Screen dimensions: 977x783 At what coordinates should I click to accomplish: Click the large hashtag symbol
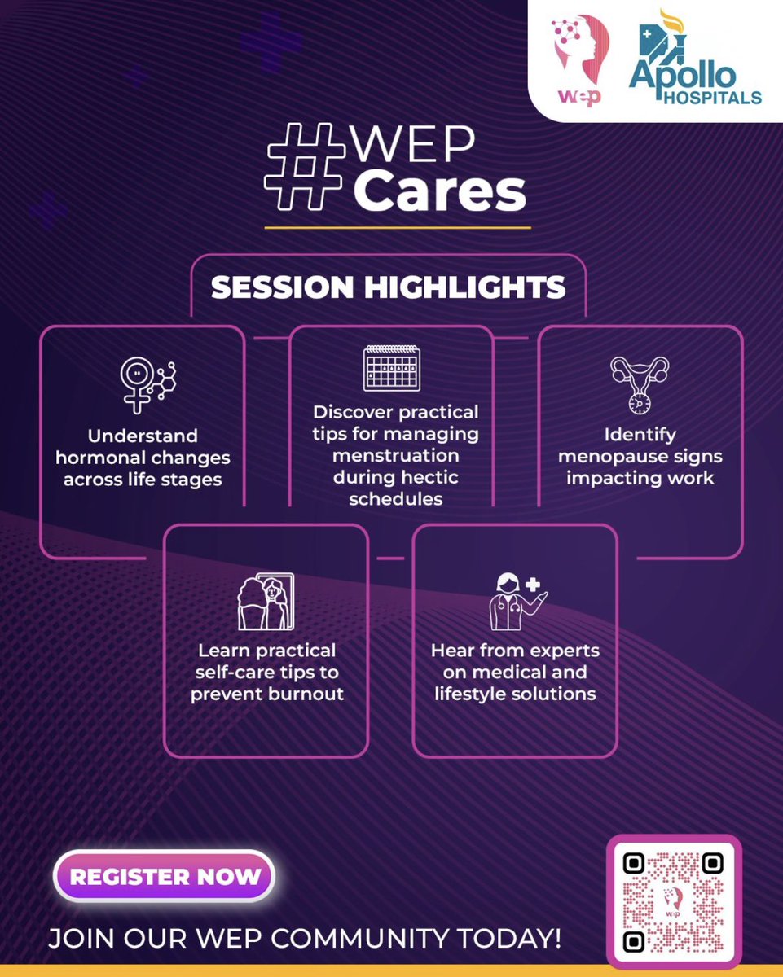(306, 178)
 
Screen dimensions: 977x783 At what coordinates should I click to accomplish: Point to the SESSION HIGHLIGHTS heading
(388, 287)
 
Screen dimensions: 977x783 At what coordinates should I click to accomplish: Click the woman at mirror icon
(266, 602)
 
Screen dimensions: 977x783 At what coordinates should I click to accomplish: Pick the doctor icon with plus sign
(513, 602)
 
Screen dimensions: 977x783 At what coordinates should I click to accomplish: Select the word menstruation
(395, 454)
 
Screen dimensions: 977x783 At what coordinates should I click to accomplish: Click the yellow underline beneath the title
(398, 227)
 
